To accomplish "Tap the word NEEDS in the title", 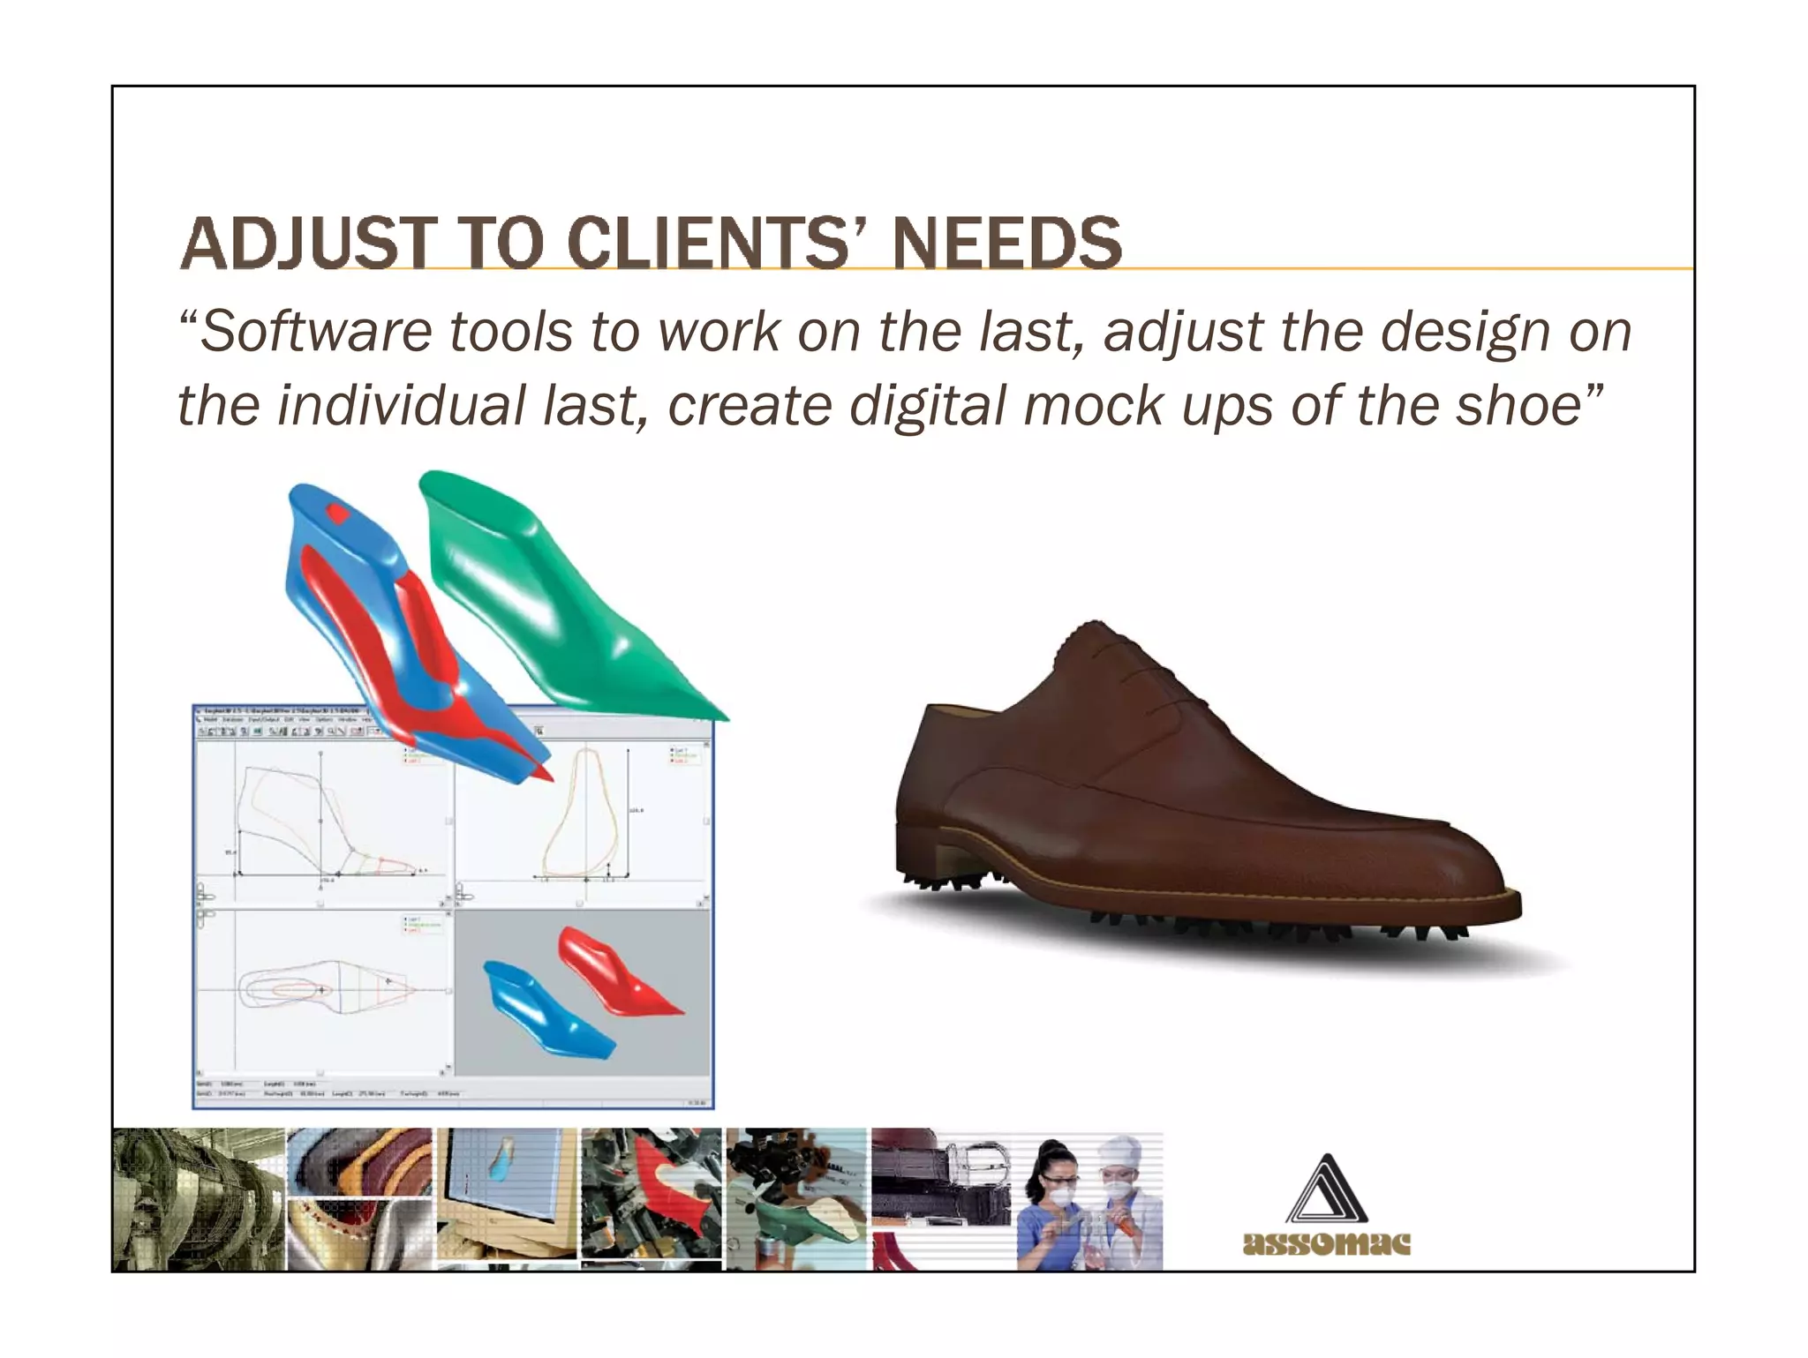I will [x=1006, y=244].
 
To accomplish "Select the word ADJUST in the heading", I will [x=307, y=244].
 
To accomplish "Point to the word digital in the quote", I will [x=927, y=407].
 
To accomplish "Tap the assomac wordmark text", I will [x=1326, y=1243].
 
